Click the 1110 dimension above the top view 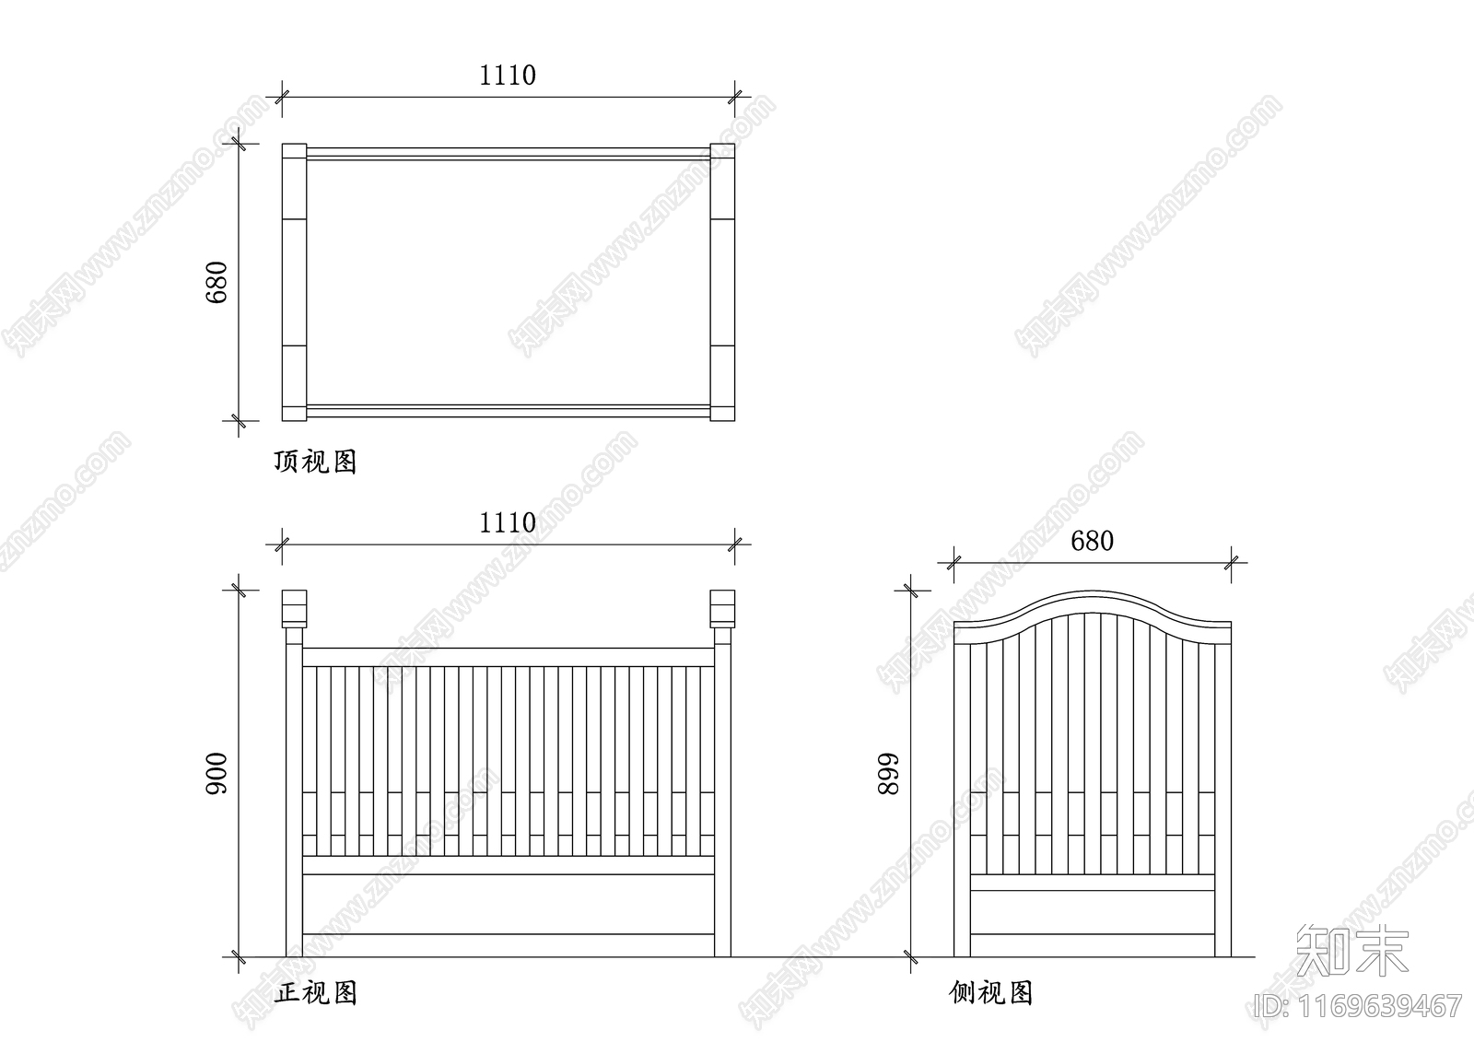[x=507, y=76]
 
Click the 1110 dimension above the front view [x=507, y=523]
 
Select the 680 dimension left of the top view [x=216, y=282]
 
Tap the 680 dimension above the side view [x=1092, y=541]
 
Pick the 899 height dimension [x=887, y=775]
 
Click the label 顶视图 [x=315, y=462]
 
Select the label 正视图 [x=315, y=992]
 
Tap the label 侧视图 [x=990, y=992]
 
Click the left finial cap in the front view [x=293, y=608]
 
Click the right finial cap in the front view [x=722, y=608]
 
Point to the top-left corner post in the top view [x=293, y=153]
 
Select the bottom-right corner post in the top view [x=722, y=412]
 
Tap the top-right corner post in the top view [x=722, y=153]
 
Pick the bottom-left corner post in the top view [x=293, y=412]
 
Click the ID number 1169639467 [x=1359, y=1005]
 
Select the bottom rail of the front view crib [x=508, y=945]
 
